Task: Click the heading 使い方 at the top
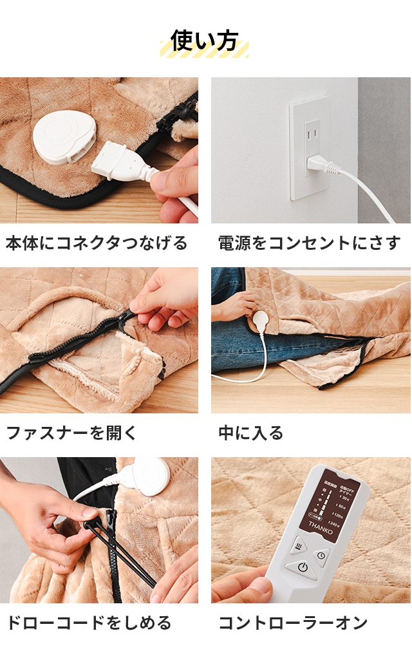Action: click(x=204, y=41)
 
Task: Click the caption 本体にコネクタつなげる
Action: click(x=97, y=243)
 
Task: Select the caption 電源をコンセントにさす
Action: click(x=309, y=243)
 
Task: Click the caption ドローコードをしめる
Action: click(x=89, y=623)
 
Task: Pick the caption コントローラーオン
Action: click(x=293, y=623)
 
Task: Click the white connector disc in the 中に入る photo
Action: click(x=260, y=319)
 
